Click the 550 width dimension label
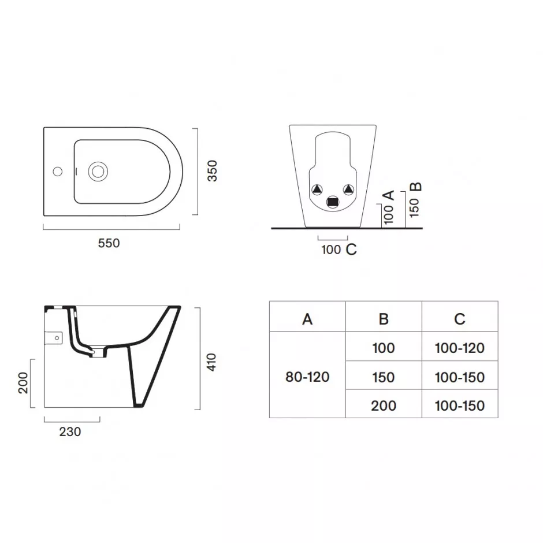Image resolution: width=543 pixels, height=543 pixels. [x=109, y=243]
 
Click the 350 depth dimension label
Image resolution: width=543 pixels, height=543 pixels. [x=212, y=171]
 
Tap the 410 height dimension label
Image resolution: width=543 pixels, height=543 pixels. [x=211, y=362]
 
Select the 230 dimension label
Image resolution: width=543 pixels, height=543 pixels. [x=70, y=432]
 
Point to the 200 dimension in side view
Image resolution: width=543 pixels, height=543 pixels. [x=23, y=382]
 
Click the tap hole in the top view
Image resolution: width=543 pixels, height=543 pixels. [x=58, y=172]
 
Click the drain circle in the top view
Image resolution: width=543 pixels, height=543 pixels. [x=98, y=172]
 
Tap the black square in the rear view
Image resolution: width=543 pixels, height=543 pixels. [x=333, y=202]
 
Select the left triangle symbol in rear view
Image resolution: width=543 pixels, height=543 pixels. [x=317, y=189]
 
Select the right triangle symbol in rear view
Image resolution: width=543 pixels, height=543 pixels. [x=349, y=189]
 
